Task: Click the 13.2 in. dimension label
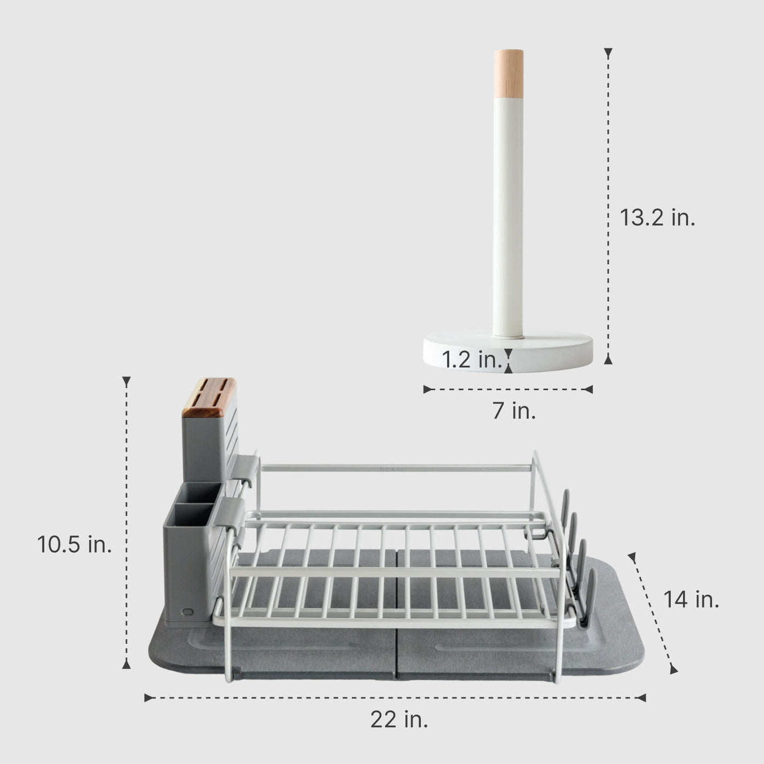[657, 218]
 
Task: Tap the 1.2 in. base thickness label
[471, 360]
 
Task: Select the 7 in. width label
[514, 410]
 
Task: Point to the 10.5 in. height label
[74, 544]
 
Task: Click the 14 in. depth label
[691, 600]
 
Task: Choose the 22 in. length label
[399, 720]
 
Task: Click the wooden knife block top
[209, 397]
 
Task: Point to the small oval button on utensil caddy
[187, 612]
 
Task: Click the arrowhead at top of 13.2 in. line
[608, 52]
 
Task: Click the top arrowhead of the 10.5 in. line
[126, 381]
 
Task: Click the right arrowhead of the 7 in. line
[588, 389]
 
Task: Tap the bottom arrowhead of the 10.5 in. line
[126, 664]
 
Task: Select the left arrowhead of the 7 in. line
[427, 389]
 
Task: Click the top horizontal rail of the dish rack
[396, 468]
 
